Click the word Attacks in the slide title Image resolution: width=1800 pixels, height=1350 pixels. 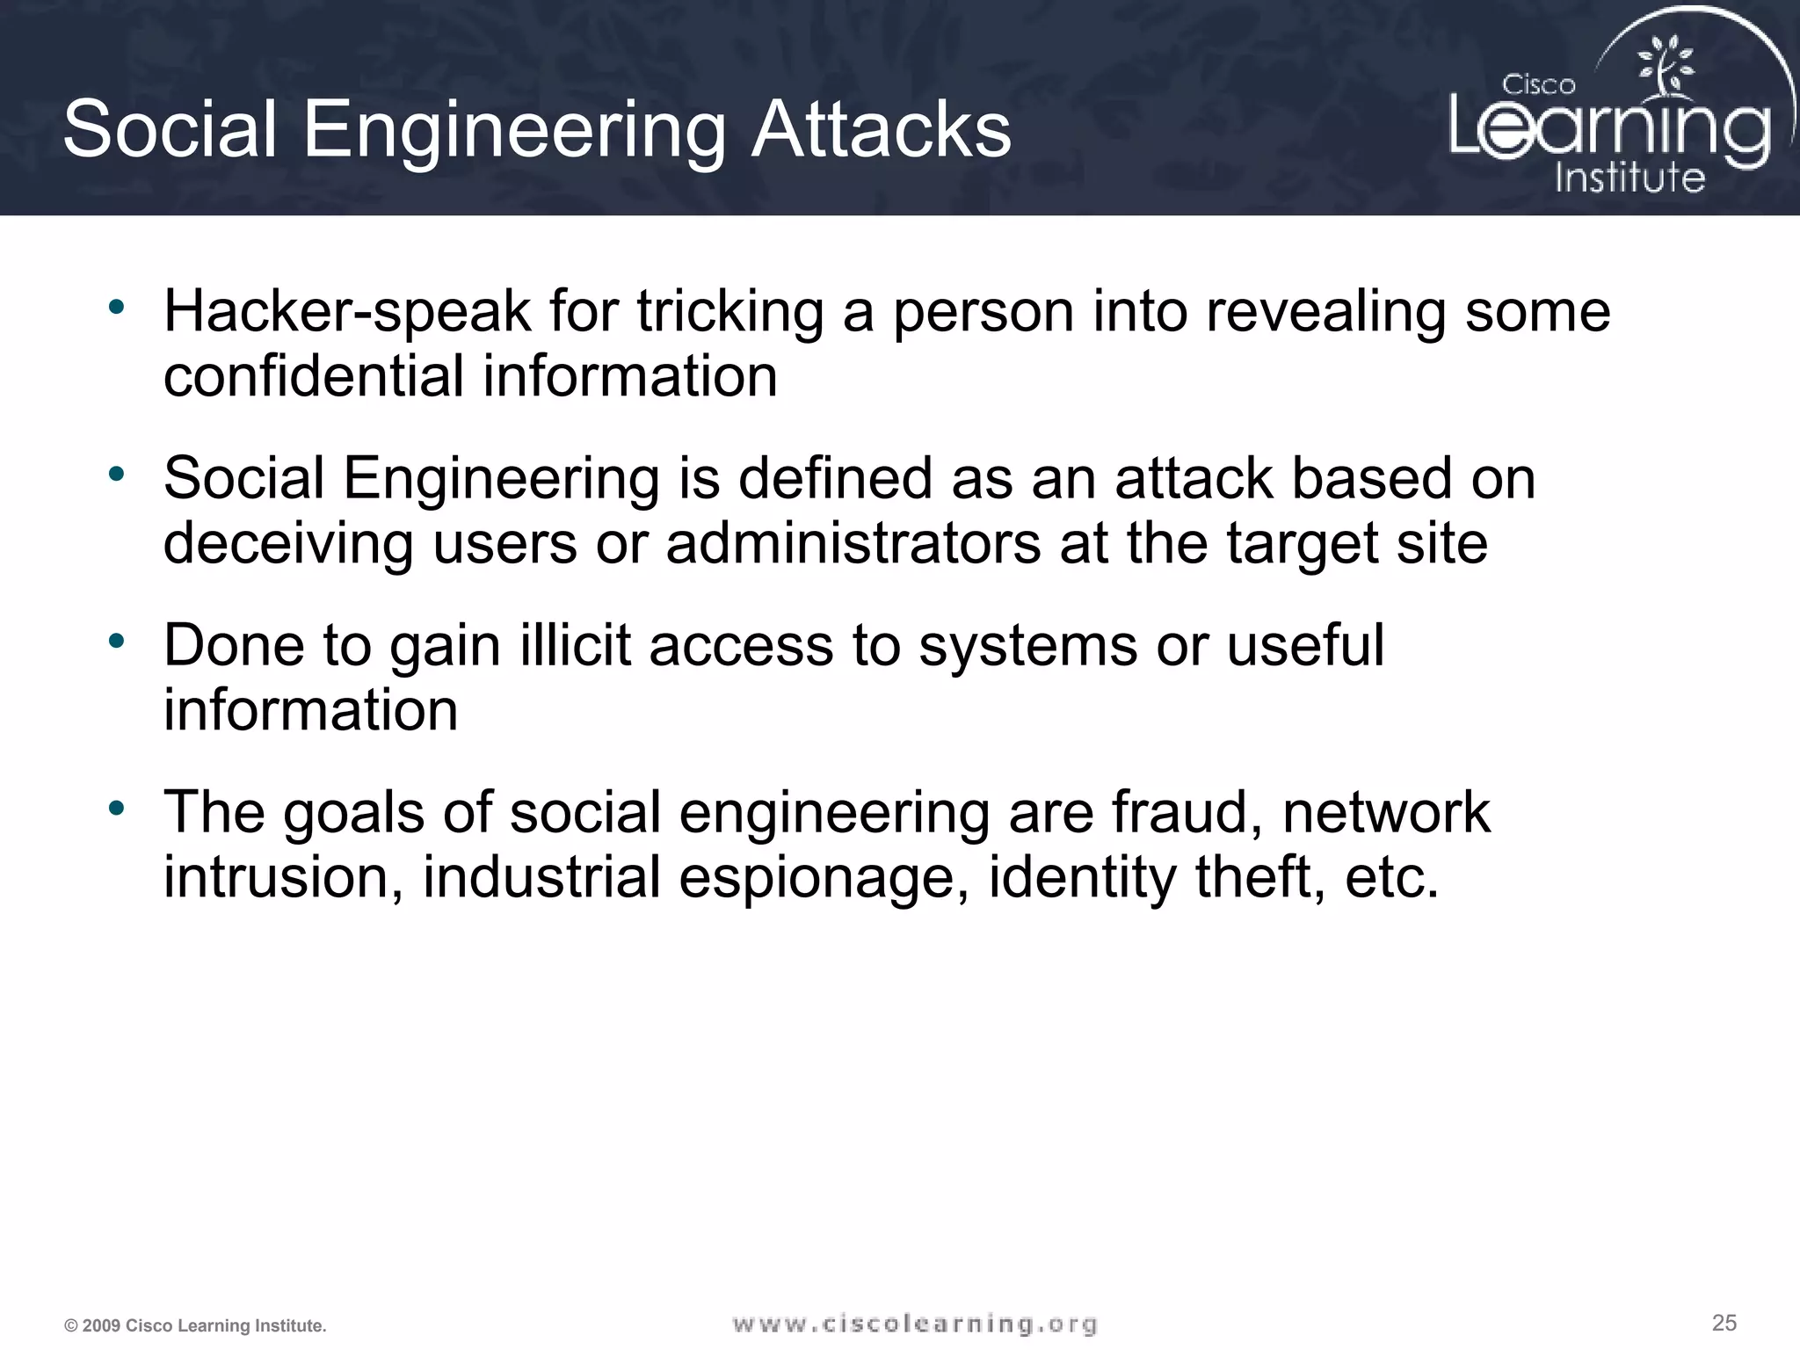tap(881, 130)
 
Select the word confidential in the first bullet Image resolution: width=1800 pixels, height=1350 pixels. tap(313, 376)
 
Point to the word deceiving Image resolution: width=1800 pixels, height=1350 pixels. tap(288, 544)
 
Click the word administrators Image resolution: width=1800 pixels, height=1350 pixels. tap(853, 542)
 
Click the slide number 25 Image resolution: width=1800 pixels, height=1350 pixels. tap(1724, 1323)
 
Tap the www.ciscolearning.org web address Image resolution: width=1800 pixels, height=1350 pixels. tap(914, 1325)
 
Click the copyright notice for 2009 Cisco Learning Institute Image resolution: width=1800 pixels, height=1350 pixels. tap(195, 1326)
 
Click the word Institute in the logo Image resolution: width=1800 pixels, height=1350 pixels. tap(1629, 178)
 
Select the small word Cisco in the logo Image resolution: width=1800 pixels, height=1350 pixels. tap(1538, 85)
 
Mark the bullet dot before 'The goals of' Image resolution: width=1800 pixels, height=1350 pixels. tap(116, 808)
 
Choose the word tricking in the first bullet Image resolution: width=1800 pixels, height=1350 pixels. tap(729, 312)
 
